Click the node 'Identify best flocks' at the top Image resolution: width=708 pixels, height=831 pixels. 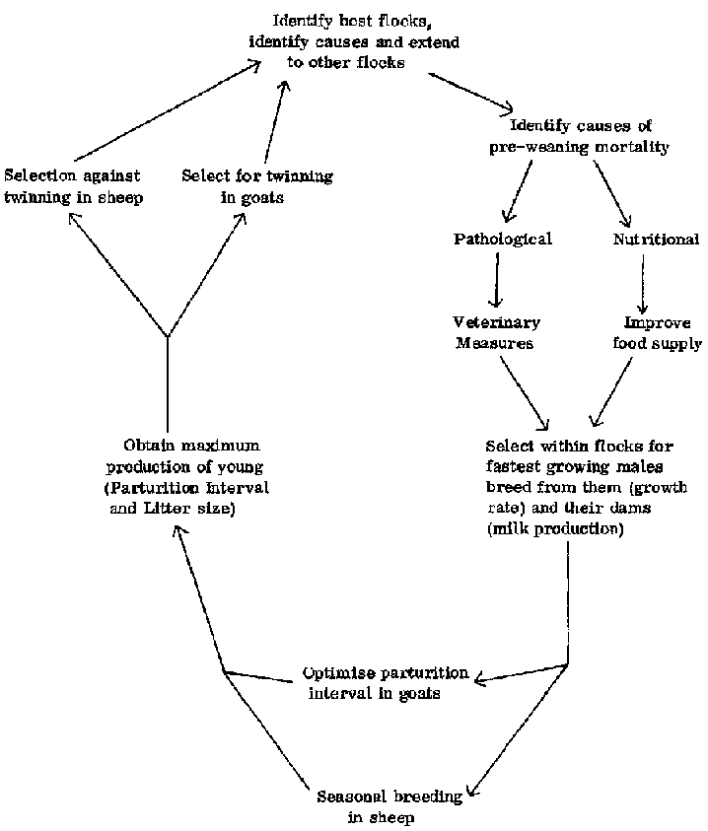tap(352, 42)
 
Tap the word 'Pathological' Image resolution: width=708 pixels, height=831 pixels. tap(502, 240)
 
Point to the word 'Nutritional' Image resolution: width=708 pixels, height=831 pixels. tap(656, 240)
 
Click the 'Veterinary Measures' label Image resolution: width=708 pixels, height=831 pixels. tap(496, 333)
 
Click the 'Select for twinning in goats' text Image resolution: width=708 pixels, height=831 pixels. tap(257, 185)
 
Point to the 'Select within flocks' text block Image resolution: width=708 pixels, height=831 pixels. tap(586, 487)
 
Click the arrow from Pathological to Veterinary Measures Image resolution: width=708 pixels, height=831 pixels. tap(496, 280)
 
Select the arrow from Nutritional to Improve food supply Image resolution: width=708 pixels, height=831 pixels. tap(643, 282)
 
